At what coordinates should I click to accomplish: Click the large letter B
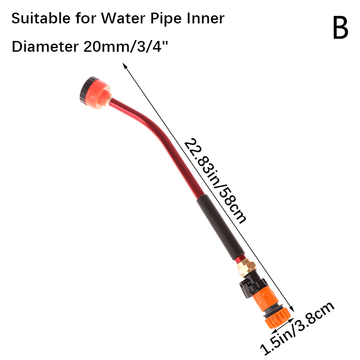tap(341, 28)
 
